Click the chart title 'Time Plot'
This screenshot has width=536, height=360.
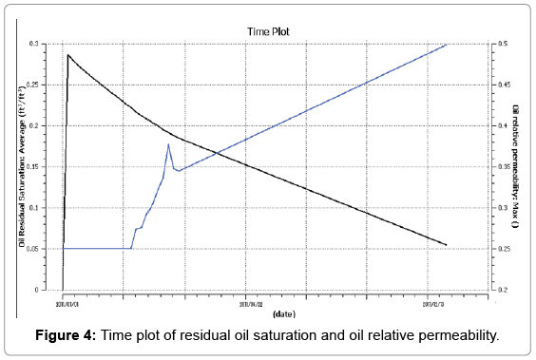pyautogui.click(x=275, y=31)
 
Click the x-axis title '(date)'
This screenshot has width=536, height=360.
pyautogui.click(x=283, y=313)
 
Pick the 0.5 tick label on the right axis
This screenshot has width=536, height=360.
pyautogui.click(x=501, y=44)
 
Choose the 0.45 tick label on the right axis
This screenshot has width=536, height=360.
pyautogui.click(x=501, y=85)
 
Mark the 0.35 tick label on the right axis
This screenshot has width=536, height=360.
pyautogui.click(x=501, y=166)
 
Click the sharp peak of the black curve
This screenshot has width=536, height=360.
pyautogui.click(x=68, y=55)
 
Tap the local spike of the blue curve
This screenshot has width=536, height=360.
pyautogui.click(x=169, y=143)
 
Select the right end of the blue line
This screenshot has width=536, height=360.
pyautogui.click(x=447, y=45)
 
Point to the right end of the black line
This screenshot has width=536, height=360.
pyautogui.click(x=447, y=245)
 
